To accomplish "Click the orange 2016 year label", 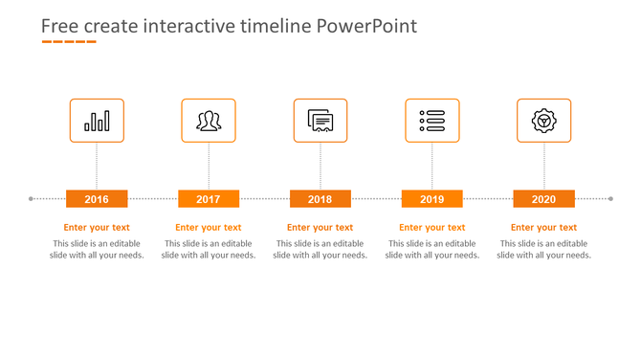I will tap(97, 199).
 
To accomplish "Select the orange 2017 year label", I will tap(209, 199).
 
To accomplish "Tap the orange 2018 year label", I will tap(320, 199).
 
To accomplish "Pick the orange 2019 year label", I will tap(431, 199).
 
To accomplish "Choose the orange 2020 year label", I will tap(543, 199).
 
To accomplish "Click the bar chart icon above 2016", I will tap(97, 121).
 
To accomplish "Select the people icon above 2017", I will tap(209, 121).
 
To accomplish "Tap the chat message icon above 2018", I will tap(320, 121).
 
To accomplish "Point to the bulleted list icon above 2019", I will tap(431, 121).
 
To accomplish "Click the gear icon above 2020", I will tap(543, 121).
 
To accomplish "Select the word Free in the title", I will tap(58, 26).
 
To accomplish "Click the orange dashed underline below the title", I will tap(68, 42).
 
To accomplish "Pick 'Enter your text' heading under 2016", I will tap(97, 228).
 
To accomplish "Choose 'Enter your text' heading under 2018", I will tap(320, 228).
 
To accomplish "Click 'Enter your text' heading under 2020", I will tap(543, 228).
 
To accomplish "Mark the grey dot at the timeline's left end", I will tap(32, 199).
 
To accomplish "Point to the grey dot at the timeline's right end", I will tap(610, 199).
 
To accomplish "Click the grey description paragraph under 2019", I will tap(431, 250).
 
